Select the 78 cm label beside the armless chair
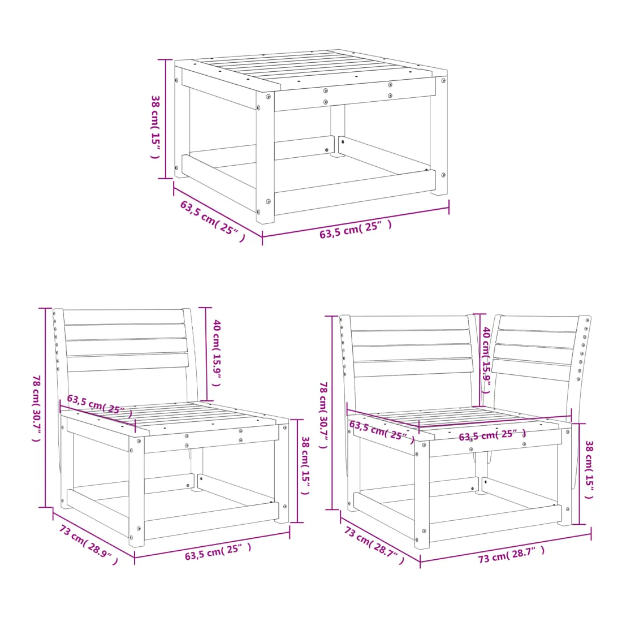coord(36,408)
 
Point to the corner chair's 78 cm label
coord(323,415)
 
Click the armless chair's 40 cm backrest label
coord(217,353)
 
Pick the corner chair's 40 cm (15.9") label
coord(487,360)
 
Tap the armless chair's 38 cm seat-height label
coord(305,465)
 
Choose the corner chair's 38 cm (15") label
coord(589,469)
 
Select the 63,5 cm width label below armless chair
coord(218,552)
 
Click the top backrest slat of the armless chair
coord(124,317)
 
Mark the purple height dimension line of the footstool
coord(166,119)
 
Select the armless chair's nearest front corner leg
coord(136,492)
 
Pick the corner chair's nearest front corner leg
coord(422,495)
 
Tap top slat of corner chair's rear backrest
coord(409,323)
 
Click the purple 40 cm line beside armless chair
coord(205,354)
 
